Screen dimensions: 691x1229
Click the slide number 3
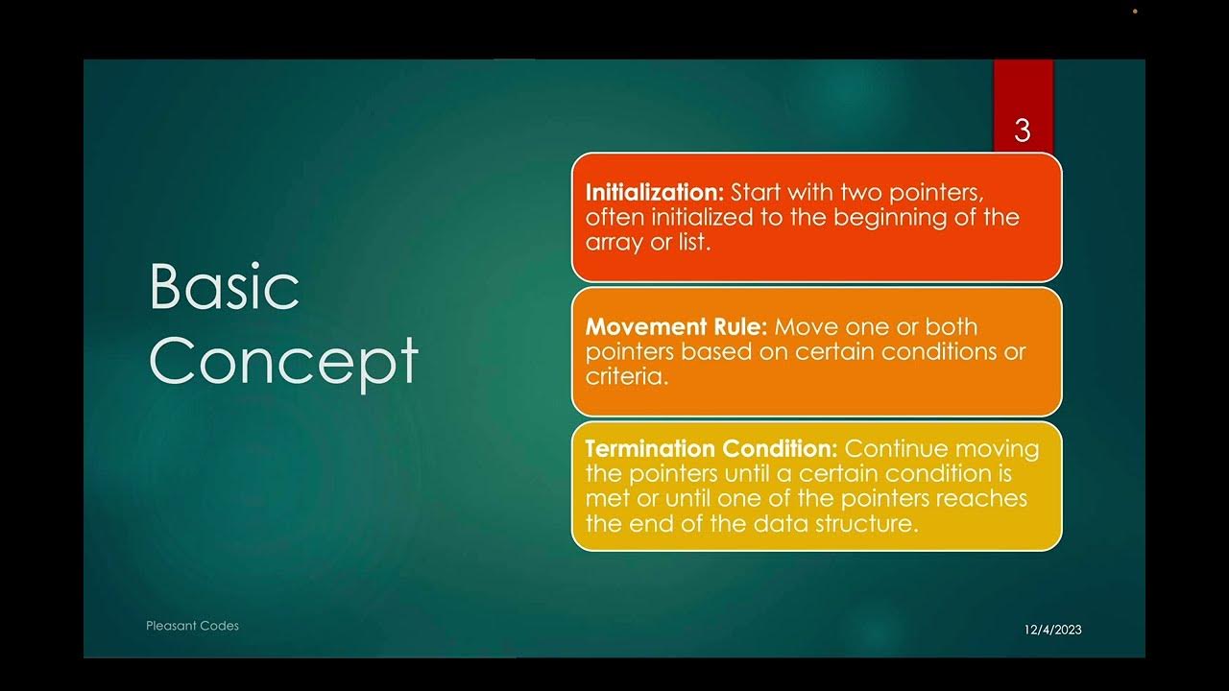1022,131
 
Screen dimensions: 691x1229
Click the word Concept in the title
284,361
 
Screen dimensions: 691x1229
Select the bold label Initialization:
655,192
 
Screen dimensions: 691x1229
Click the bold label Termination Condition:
711,448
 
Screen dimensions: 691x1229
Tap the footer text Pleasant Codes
192,626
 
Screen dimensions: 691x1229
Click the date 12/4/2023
1052,630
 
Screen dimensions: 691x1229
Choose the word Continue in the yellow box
901,448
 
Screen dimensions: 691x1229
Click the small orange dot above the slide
1135,12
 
